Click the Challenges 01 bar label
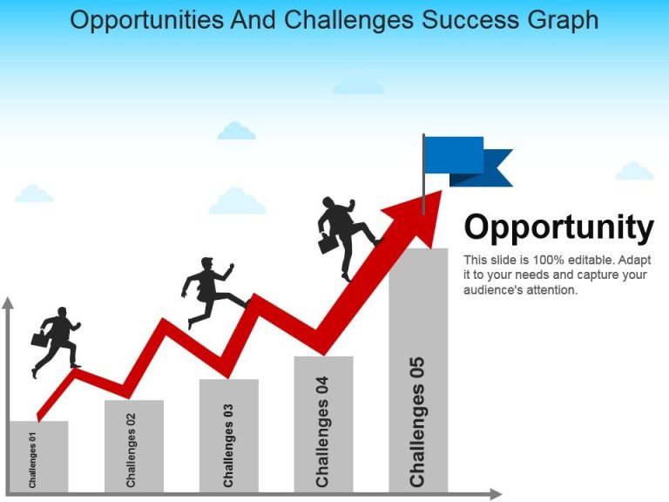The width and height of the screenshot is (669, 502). point(32,460)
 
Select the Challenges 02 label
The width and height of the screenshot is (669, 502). point(131,450)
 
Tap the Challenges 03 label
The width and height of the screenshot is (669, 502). point(228,445)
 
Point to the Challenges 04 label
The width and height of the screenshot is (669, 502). point(322,431)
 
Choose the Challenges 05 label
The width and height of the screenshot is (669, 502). point(417,422)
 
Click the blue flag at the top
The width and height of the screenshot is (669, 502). point(468,161)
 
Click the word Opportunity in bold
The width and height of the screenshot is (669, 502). point(558,227)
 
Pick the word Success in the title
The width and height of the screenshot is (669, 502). point(470,20)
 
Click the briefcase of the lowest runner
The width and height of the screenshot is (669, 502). point(39,339)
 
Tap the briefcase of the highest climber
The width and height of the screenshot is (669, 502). point(328,243)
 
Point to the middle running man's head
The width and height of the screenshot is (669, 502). point(207,263)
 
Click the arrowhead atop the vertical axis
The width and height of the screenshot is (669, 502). point(8,303)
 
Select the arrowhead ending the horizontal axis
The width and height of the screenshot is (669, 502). point(496,494)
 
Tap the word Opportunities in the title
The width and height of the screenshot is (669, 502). point(146,21)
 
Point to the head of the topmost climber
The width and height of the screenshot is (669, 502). point(328,201)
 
